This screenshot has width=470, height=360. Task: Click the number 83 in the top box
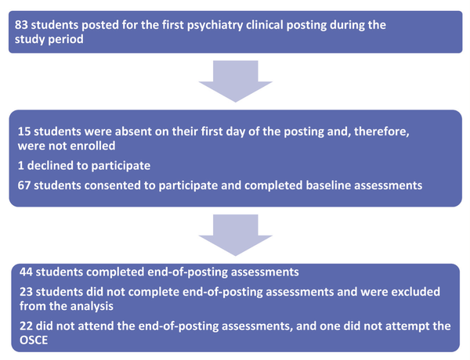pyautogui.click(x=21, y=25)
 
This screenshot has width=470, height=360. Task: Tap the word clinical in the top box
pyautogui.click(x=265, y=25)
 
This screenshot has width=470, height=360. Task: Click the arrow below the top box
pyautogui.click(x=235, y=81)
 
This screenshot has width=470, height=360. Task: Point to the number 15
pyautogui.click(x=24, y=131)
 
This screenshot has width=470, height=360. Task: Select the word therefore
pyautogui.click(x=381, y=131)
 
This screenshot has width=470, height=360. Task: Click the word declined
pyautogui.click(x=47, y=166)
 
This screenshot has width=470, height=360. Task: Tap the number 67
pyautogui.click(x=24, y=185)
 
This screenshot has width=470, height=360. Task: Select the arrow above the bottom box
pyautogui.click(x=235, y=235)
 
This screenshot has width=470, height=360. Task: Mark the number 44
pyautogui.click(x=26, y=272)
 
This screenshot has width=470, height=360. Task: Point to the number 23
pyautogui.click(x=26, y=292)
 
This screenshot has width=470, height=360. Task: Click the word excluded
pyautogui.click(x=415, y=292)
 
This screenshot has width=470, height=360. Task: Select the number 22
pyautogui.click(x=26, y=326)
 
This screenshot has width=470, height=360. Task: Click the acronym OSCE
pyautogui.click(x=34, y=340)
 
